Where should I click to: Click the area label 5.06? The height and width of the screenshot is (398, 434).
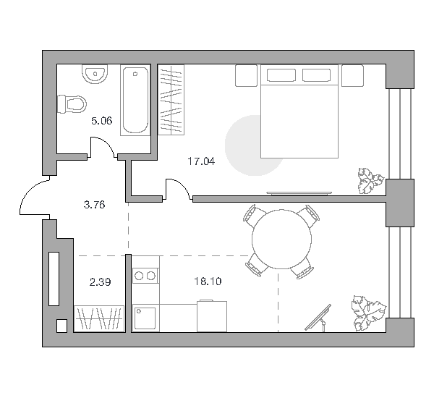pyautogui.click(x=101, y=121)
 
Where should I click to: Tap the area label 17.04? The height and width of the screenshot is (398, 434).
pyautogui.click(x=201, y=161)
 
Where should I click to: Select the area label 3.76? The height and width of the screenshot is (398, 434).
pyautogui.click(x=94, y=205)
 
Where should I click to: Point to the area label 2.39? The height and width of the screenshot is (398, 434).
pyautogui.click(x=101, y=282)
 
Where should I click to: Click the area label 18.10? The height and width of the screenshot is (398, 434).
pyautogui.click(x=208, y=281)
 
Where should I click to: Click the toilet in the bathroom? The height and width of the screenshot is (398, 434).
pyautogui.click(x=72, y=104)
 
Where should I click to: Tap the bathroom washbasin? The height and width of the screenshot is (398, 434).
pyautogui.click(x=95, y=74)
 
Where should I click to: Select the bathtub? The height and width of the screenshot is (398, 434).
pyautogui.click(x=135, y=100)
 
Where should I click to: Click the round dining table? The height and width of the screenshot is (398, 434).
pyautogui.click(x=281, y=239)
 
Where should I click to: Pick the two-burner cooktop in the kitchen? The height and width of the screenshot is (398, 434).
pyautogui.click(x=145, y=276)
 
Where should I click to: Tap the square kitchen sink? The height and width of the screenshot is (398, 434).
pyautogui.click(x=145, y=318)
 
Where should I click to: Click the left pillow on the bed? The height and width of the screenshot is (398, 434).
pyautogui.click(x=281, y=75)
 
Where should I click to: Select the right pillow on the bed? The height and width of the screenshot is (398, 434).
pyautogui.click(x=316, y=75)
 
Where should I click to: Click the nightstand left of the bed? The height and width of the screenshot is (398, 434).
pyautogui.click(x=247, y=75)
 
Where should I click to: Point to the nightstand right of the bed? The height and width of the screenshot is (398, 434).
pyautogui.click(x=353, y=75)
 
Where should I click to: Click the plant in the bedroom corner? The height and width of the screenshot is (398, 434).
pyautogui.click(x=370, y=181)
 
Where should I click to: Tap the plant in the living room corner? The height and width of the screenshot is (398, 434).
pyautogui.click(x=368, y=313)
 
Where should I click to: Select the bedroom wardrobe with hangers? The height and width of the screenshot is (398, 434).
pyautogui.click(x=171, y=100)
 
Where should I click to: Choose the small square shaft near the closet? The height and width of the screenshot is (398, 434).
pyautogui.click(x=61, y=326)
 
